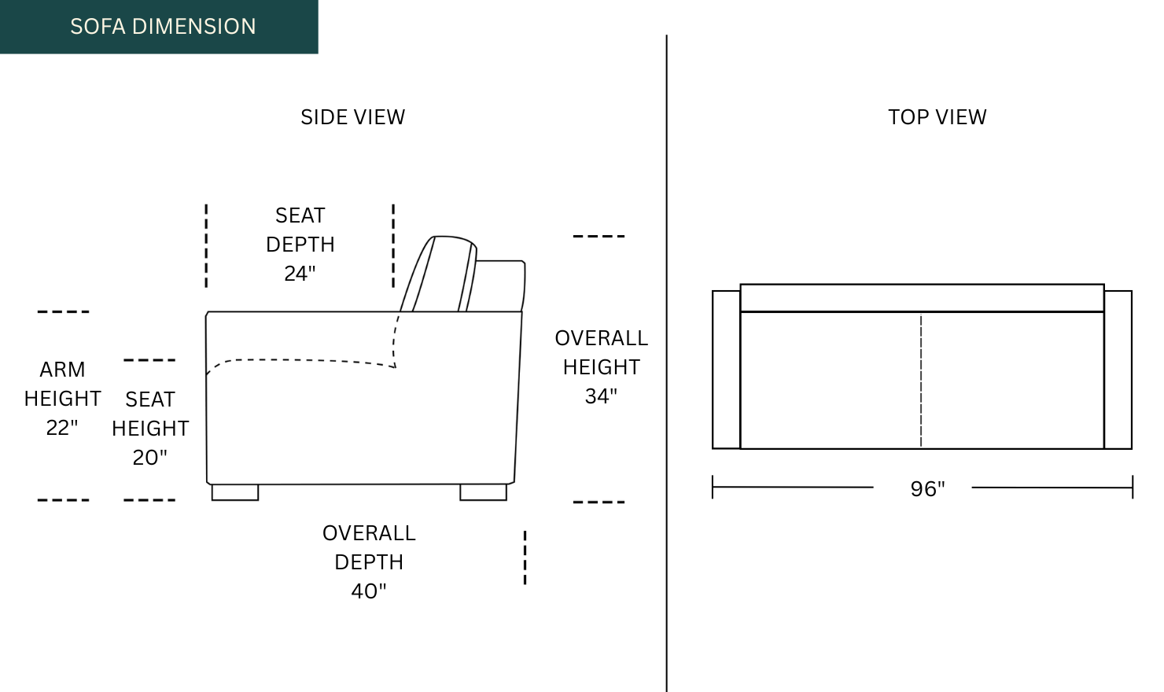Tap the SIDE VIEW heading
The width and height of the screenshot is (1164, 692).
pyautogui.click(x=352, y=117)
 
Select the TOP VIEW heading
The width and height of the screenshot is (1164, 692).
pyautogui.click(x=937, y=117)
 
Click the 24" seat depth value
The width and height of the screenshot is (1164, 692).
pyautogui.click(x=300, y=274)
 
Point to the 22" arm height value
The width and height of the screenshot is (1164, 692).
pyautogui.click(x=62, y=428)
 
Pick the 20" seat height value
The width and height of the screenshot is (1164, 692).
pyautogui.click(x=149, y=458)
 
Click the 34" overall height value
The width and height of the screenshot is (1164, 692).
pyautogui.click(x=601, y=396)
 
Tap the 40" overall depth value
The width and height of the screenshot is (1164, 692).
pyautogui.click(x=369, y=591)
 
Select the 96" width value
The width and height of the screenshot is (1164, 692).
pyautogui.click(x=927, y=489)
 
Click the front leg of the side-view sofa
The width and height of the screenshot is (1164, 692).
pyautogui.click(x=235, y=492)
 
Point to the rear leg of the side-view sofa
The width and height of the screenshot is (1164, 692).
pyautogui.click(x=483, y=492)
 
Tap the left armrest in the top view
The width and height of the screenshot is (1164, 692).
pyautogui.click(x=726, y=370)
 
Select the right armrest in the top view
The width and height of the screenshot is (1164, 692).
pyautogui.click(x=1118, y=370)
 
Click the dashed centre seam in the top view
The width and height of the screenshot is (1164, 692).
pyautogui.click(x=921, y=381)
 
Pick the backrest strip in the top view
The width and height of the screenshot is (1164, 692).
pyautogui.click(x=922, y=298)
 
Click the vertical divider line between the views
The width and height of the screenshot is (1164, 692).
pyautogui.click(x=666, y=362)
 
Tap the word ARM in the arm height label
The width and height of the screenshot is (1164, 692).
pyautogui.click(x=62, y=370)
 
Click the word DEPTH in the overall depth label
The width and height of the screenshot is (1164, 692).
pyautogui.click(x=369, y=562)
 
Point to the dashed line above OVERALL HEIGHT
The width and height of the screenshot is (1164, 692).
pyautogui.click(x=599, y=236)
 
